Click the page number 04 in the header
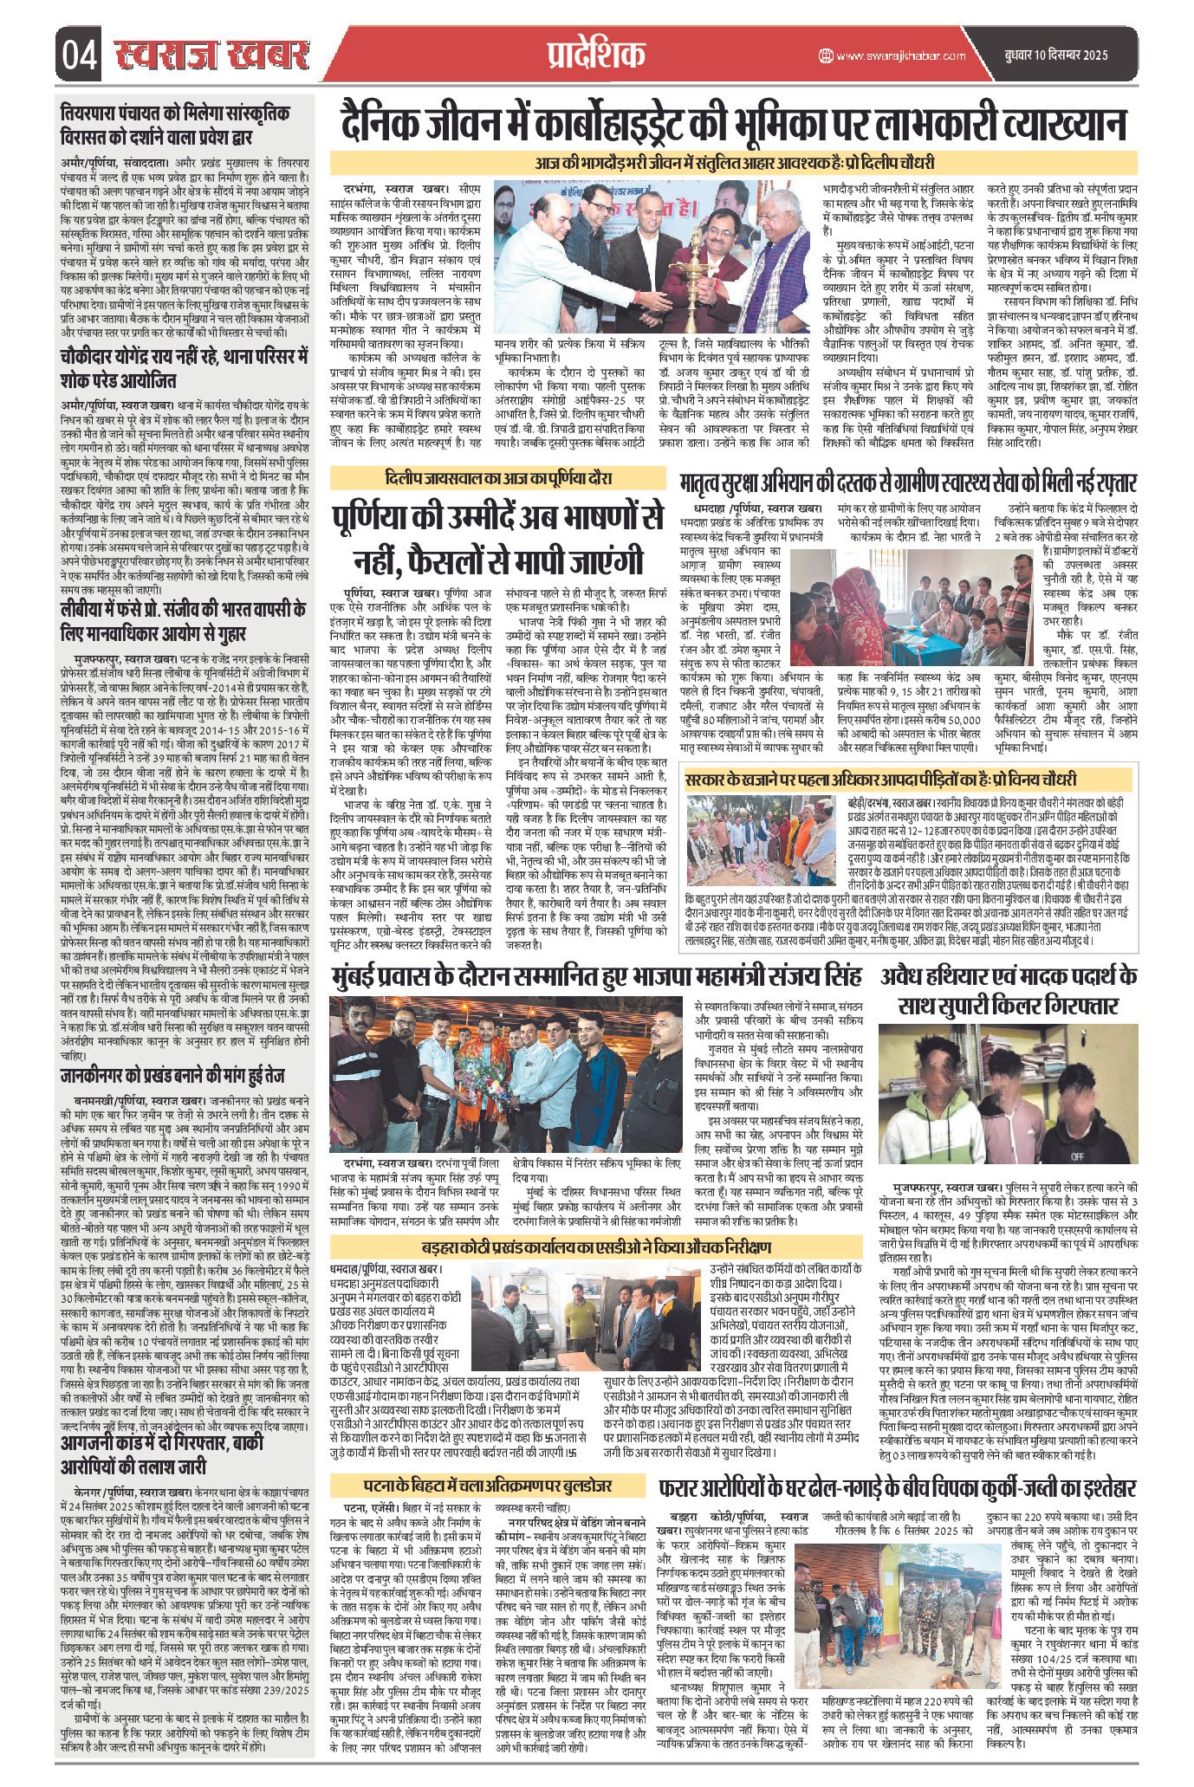(x=80, y=56)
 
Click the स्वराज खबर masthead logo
(x=211, y=55)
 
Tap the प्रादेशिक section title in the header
(x=597, y=55)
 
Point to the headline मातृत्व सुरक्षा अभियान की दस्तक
(x=909, y=482)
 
